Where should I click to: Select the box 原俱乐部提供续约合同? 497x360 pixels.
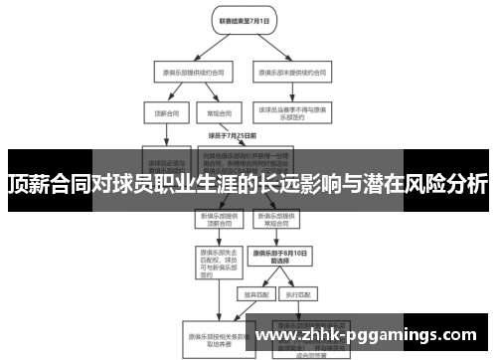tap(184, 72)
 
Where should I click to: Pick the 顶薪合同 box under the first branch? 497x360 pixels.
tap(160, 112)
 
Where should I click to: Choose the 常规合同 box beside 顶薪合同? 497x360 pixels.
tap(213, 112)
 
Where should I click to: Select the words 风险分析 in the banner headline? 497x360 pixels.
tap(442, 184)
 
